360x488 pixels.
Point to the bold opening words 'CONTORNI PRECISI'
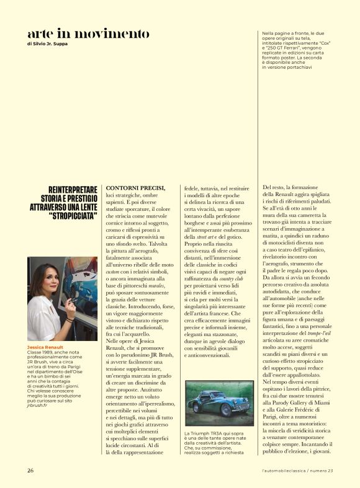click(135, 187)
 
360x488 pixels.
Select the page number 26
click(30, 470)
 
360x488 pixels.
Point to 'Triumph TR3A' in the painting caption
click(209, 433)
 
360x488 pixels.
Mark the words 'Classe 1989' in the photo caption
click(41, 354)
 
